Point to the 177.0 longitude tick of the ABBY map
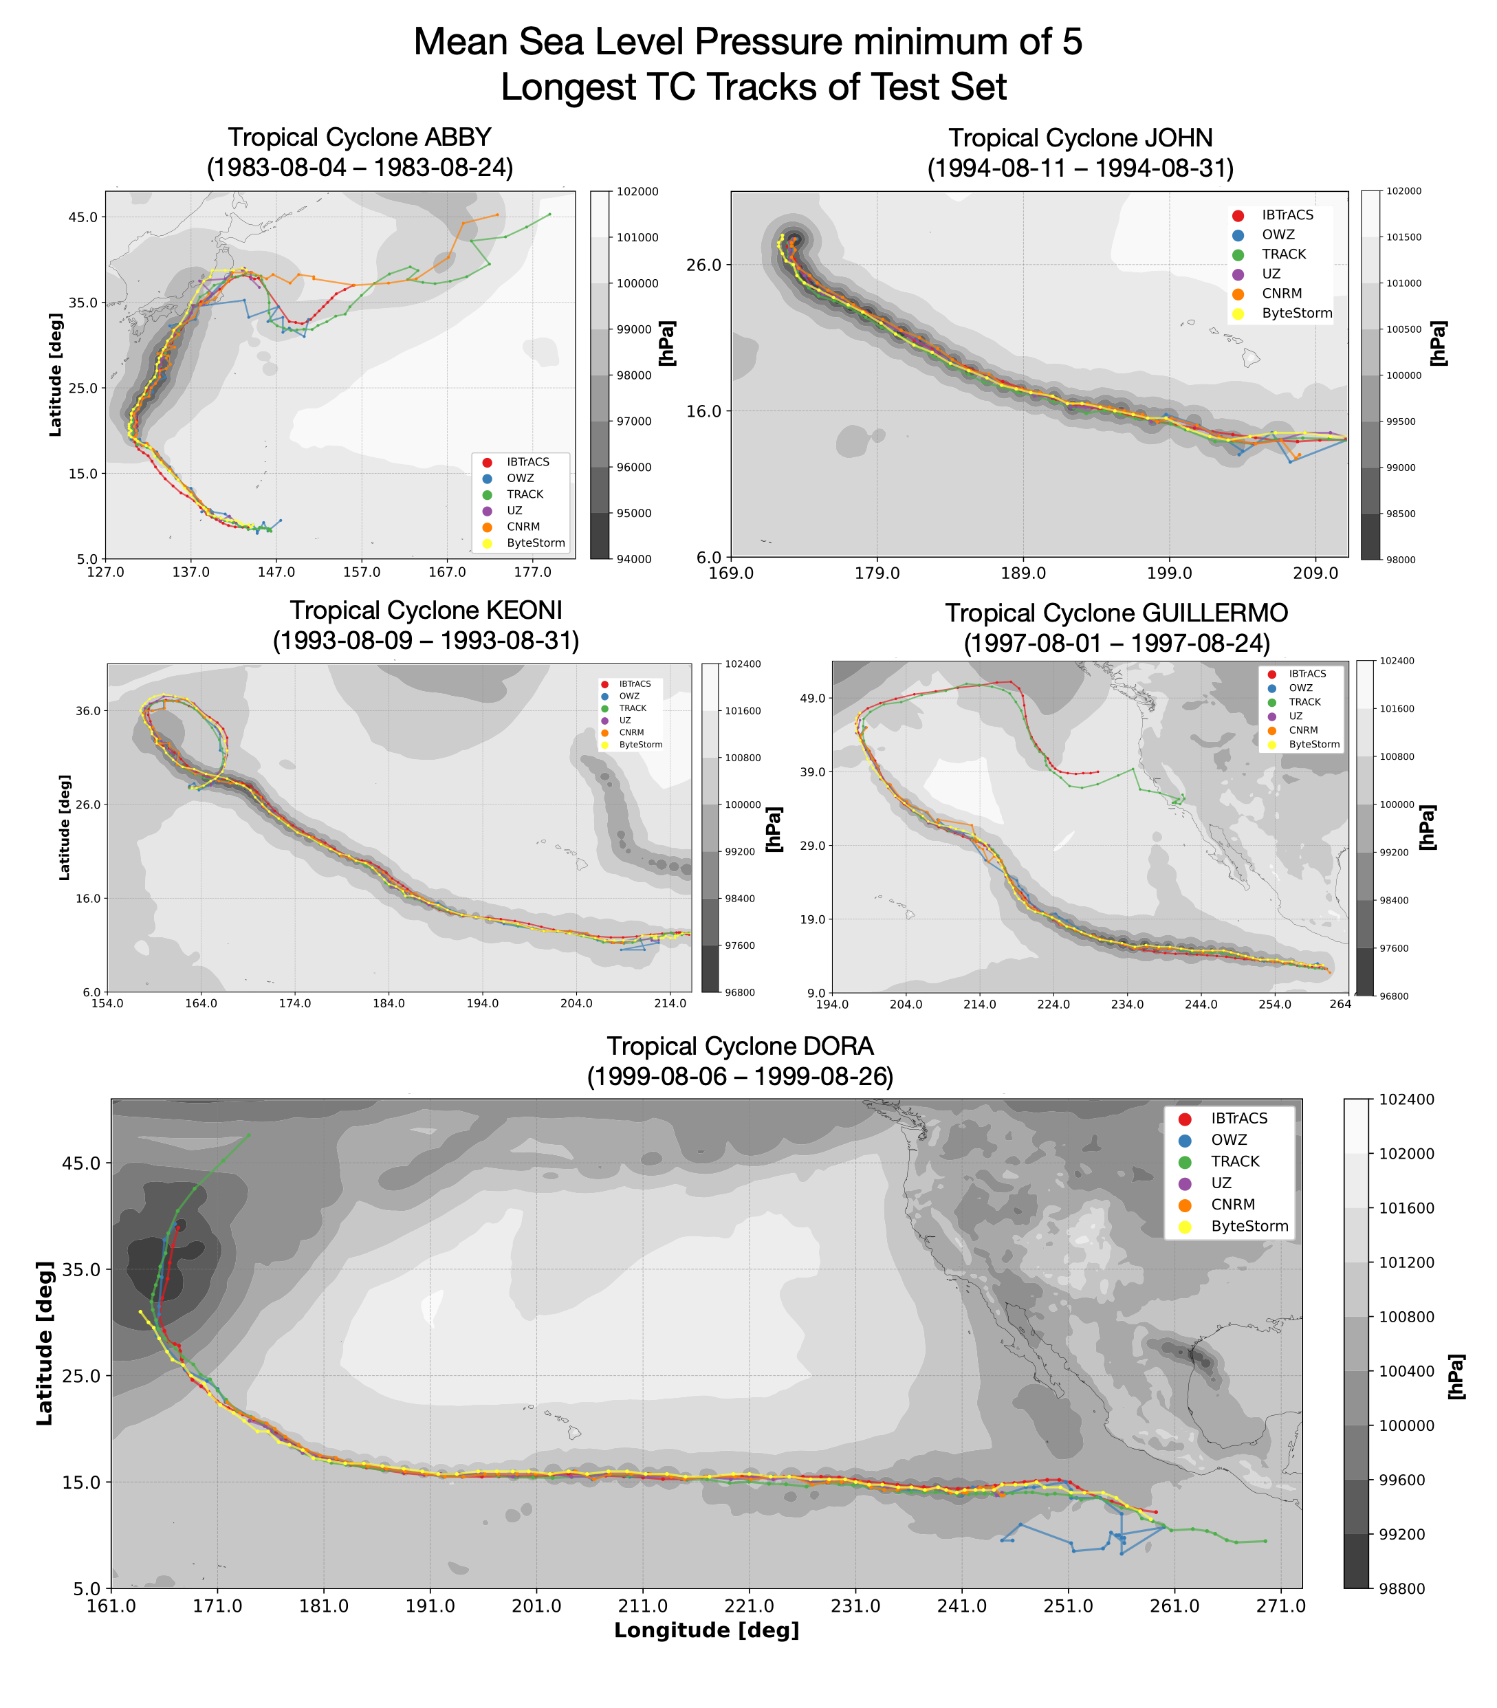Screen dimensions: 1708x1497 [x=532, y=572]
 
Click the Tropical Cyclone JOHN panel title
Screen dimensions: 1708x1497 [x=1080, y=138]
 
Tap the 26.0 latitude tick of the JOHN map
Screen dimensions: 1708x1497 [x=703, y=265]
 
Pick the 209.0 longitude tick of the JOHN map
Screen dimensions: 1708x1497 [x=1315, y=573]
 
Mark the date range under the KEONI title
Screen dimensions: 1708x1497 [x=426, y=641]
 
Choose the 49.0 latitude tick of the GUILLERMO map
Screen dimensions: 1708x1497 [x=813, y=698]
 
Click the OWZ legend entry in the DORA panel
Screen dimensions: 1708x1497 [x=1229, y=1140]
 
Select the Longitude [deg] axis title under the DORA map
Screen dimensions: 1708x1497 [x=707, y=1630]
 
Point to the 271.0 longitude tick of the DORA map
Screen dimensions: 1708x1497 [x=1280, y=1606]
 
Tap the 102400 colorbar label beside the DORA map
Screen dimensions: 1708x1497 [x=1406, y=1099]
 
